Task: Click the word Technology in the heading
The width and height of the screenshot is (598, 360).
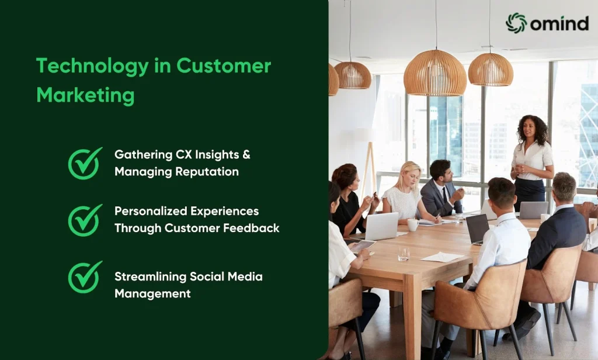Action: coord(92,66)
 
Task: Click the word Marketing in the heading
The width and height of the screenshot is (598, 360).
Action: coord(85,95)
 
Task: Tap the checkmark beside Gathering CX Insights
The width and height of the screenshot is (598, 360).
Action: coord(85,164)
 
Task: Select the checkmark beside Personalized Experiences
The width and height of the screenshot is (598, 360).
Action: coord(85,220)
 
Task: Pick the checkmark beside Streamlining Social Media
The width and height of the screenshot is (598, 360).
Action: coord(85,277)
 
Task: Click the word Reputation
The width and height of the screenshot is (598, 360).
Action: coord(207,172)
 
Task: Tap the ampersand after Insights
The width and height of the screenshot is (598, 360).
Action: coord(246,155)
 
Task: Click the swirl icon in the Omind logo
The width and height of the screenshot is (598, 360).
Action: coord(516,23)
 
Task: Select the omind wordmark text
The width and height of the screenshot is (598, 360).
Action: coord(559,24)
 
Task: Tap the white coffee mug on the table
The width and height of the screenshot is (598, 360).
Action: coord(413,225)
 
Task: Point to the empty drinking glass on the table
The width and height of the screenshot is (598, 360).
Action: coord(404,254)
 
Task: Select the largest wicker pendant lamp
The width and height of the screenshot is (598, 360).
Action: coord(434,73)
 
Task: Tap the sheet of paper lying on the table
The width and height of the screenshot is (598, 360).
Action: coord(443,257)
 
